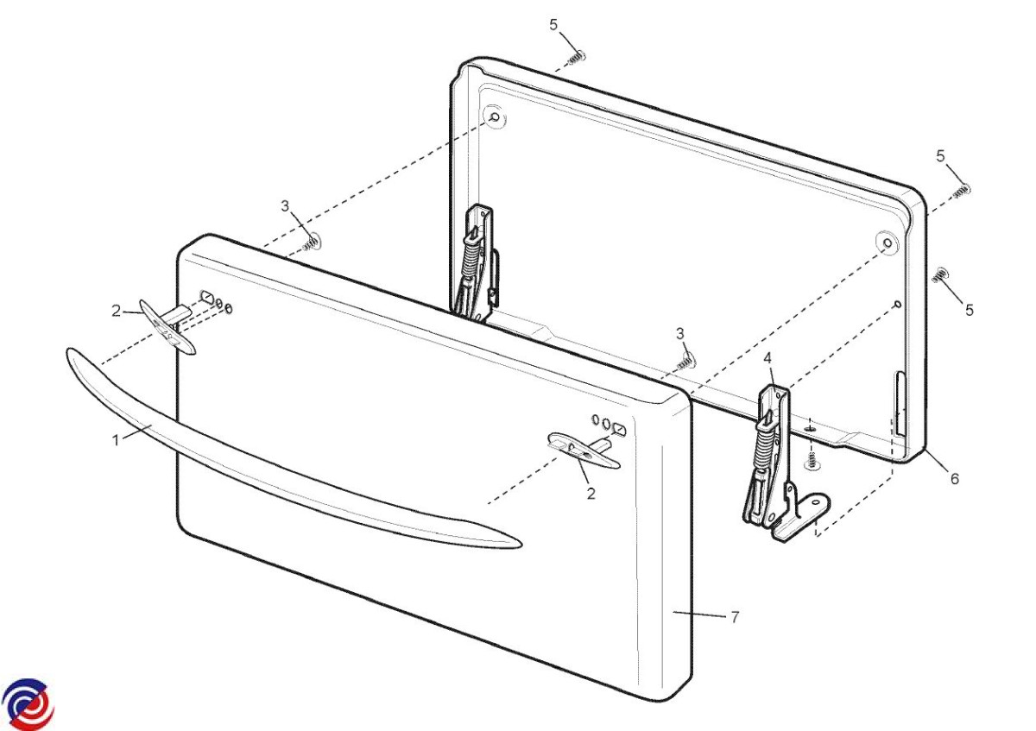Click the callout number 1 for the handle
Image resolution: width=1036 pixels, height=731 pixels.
(x=116, y=439)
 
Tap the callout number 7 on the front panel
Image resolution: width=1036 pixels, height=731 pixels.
(x=735, y=617)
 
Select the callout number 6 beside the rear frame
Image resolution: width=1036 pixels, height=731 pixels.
(x=955, y=478)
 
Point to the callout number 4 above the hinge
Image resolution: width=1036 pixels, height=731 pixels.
(x=768, y=358)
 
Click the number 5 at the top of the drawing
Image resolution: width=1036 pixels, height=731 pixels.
(x=553, y=24)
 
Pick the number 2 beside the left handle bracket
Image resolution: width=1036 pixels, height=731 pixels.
(x=116, y=311)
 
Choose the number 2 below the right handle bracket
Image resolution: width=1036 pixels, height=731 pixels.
(x=591, y=494)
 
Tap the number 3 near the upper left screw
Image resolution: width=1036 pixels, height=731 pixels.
(x=285, y=205)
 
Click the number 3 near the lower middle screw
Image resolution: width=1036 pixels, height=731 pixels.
(x=680, y=333)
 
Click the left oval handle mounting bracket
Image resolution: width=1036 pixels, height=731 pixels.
(x=167, y=326)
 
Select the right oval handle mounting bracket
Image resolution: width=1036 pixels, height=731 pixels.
(x=584, y=451)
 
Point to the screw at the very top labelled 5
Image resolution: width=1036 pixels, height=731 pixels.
(x=577, y=58)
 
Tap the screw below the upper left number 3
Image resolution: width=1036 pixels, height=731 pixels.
(x=312, y=243)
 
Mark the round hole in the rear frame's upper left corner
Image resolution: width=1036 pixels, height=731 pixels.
(x=495, y=117)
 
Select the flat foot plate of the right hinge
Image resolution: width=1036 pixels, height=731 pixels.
(x=799, y=518)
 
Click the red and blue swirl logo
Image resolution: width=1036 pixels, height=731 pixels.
(x=28, y=703)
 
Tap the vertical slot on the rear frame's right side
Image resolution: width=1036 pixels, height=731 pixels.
(x=900, y=404)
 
